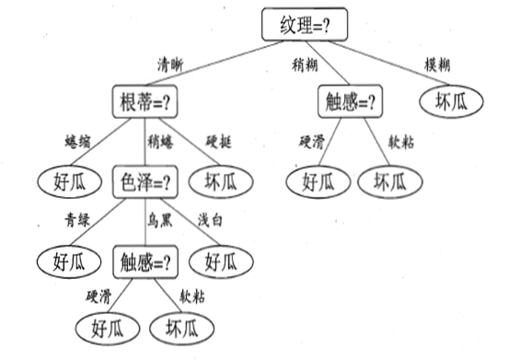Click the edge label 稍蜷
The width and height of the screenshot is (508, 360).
click(x=159, y=141)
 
